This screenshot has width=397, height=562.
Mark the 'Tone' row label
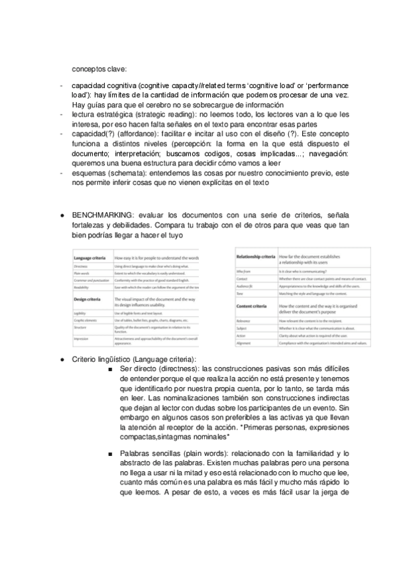pyautogui.click(x=239, y=293)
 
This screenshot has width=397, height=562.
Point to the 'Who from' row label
pyautogui.click(x=243, y=272)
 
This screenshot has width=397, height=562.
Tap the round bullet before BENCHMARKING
pyautogui.click(x=61, y=216)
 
